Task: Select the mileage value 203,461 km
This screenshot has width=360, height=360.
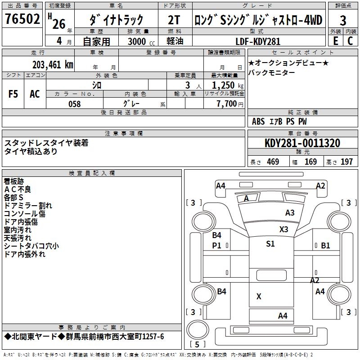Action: (53, 64)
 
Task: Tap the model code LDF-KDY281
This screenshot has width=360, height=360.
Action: (258, 41)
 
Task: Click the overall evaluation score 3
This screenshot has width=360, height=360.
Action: (343, 21)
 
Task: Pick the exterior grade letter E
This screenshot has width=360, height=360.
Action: (335, 41)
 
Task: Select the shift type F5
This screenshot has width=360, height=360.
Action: (13, 94)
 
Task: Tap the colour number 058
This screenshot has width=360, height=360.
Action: (74, 104)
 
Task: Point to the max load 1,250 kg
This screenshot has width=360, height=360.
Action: (224, 85)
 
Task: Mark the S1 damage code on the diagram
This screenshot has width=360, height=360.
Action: (270, 244)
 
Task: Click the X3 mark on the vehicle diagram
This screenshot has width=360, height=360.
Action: (283, 229)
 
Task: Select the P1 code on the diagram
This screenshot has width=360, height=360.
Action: (217, 245)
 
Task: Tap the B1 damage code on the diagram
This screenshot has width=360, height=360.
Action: (325, 245)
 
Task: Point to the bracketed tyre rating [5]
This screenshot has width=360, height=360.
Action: (197, 345)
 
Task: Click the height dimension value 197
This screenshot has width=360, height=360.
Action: (346, 162)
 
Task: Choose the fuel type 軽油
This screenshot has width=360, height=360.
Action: (175, 41)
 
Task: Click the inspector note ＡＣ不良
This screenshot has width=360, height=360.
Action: (18, 189)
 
